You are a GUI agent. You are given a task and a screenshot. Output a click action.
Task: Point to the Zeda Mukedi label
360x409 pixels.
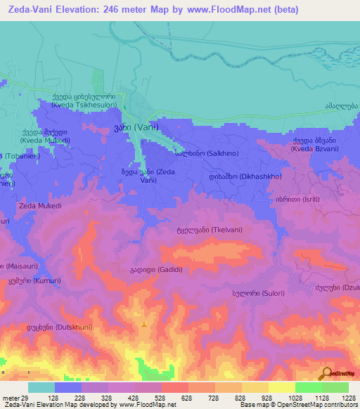coord(41,206)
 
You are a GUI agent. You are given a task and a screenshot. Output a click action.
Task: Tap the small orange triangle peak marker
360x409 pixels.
coord(144,325)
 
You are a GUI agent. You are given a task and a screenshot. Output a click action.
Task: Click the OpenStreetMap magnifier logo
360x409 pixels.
coord(326,374)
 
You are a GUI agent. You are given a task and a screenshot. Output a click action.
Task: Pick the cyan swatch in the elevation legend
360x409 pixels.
coord(41,387)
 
